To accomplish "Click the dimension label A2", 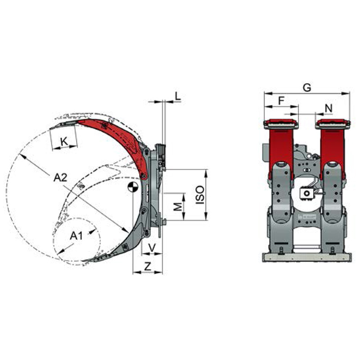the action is pyautogui.click(x=60, y=177).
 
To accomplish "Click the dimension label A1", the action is pyautogui.click(x=76, y=236).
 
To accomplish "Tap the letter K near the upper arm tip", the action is pyautogui.click(x=64, y=142).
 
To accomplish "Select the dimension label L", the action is pyautogui.click(x=178, y=96).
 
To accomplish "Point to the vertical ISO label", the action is pyautogui.click(x=200, y=195).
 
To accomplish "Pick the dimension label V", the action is pyautogui.click(x=152, y=247).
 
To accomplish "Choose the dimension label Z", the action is pyautogui.click(x=148, y=266).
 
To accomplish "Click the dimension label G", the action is pyautogui.click(x=307, y=87).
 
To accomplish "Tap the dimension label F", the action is pyautogui.click(x=281, y=100).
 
